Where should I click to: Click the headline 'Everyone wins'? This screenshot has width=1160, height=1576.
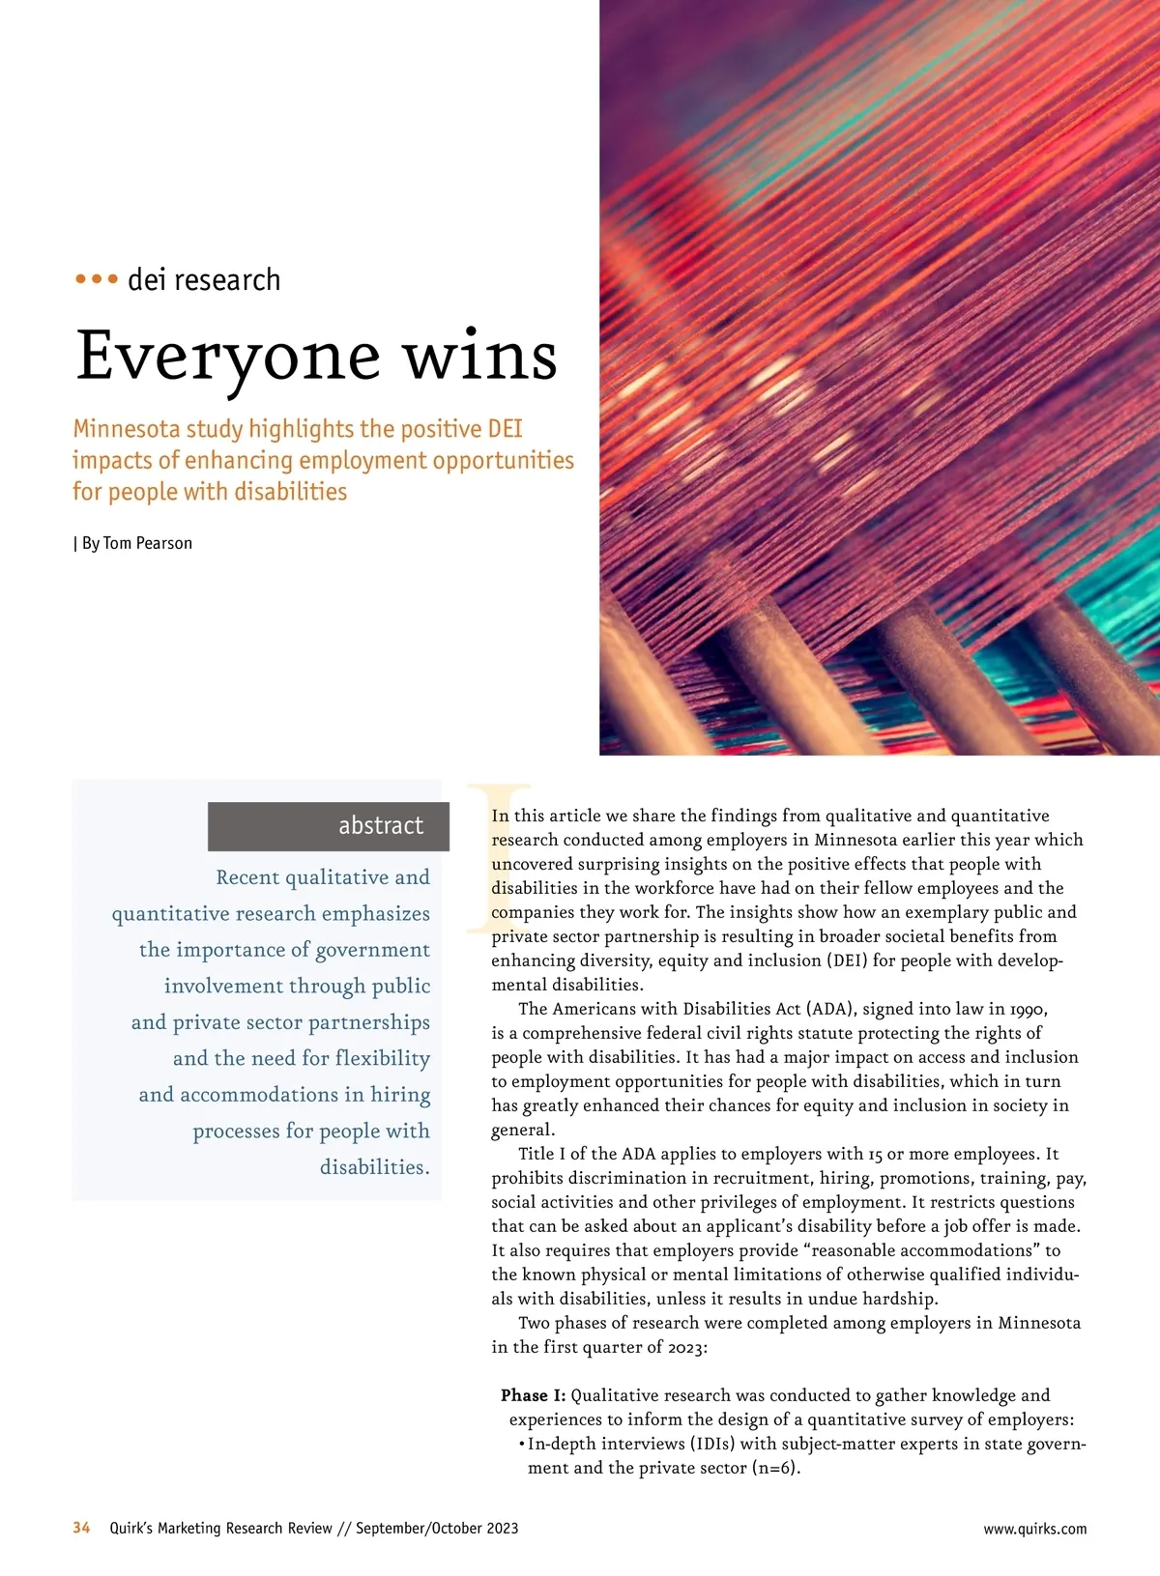point(316,356)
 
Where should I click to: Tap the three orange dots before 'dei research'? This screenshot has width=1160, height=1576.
point(96,279)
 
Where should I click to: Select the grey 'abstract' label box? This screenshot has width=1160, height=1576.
point(329,825)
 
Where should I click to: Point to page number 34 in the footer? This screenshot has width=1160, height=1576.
point(81,1528)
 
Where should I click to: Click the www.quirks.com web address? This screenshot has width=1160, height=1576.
point(1034,1529)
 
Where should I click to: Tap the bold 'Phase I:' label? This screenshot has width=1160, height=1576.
point(533,1395)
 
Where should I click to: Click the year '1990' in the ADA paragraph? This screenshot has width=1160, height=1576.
point(1026,1009)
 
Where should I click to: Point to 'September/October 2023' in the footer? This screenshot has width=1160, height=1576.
point(437,1528)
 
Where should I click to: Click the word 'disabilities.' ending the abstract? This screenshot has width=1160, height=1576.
point(375,1167)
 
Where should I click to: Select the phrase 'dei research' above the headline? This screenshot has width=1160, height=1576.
point(204,280)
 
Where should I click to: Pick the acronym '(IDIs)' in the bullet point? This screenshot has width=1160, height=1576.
point(712,1444)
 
